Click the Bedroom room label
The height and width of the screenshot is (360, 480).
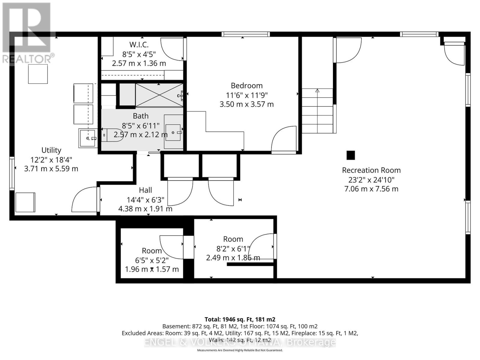pyautogui.click(x=247, y=86)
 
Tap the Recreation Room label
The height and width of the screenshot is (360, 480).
pyautogui.click(x=371, y=170)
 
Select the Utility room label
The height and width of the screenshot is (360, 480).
pyautogui.click(x=51, y=150)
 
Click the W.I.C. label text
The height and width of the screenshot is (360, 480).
pyautogui.click(x=139, y=45)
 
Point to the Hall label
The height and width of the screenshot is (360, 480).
pyautogui.click(x=145, y=190)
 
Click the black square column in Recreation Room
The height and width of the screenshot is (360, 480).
pyautogui.click(x=351, y=155)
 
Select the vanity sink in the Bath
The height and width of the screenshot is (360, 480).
pyautogui.click(x=173, y=132)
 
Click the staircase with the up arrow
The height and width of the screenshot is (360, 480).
pyautogui.click(x=317, y=111)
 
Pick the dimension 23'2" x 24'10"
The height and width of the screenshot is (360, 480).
pyautogui.click(x=371, y=180)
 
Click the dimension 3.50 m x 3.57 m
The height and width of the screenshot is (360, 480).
pyautogui.click(x=247, y=104)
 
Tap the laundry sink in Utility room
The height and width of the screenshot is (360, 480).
pyautogui.click(x=88, y=138)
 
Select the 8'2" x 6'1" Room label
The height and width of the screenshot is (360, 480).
pyautogui.click(x=233, y=239)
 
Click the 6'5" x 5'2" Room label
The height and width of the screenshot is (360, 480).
pyautogui.click(x=152, y=251)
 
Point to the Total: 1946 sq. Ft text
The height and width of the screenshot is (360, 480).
pyautogui.click(x=240, y=319)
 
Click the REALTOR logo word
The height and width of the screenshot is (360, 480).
pyautogui.click(x=28, y=58)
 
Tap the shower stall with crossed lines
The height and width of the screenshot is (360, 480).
pyautogui.click(x=159, y=95)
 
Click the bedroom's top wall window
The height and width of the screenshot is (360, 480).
pyautogui.click(x=246, y=34)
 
